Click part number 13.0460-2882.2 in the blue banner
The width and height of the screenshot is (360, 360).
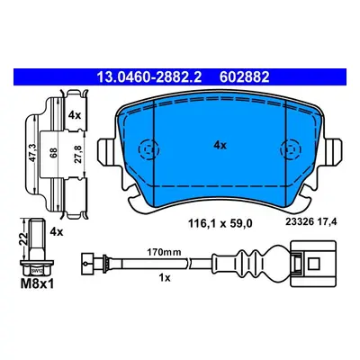click(x=148, y=77)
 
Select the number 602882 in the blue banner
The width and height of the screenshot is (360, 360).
click(x=245, y=77)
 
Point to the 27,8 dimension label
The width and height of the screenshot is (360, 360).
click(x=77, y=154)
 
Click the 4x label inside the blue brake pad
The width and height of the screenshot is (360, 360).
click(x=220, y=146)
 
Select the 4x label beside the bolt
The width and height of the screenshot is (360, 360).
click(x=57, y=232)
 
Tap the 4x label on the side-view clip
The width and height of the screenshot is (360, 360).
click(x=75, y=115)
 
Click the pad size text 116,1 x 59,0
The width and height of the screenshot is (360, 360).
click(x=220, y=223)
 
